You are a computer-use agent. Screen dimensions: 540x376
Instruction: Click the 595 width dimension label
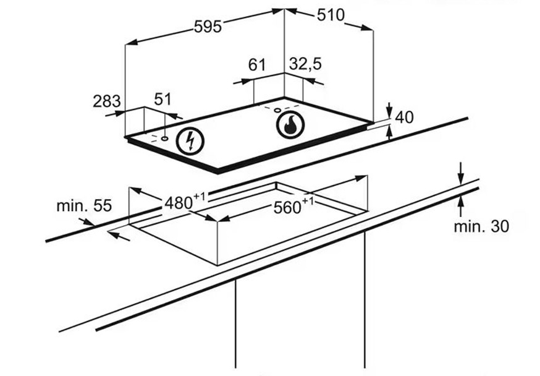[x=208, y=27]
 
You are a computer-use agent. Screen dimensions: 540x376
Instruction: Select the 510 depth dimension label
[x=331, y=15]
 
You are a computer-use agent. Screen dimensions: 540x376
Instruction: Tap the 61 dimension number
[x=257, y=64]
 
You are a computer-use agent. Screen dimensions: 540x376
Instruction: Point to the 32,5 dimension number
[x=305, y=64]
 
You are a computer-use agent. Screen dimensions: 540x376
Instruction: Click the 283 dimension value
[x=107, y=101]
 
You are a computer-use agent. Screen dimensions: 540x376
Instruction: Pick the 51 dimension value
[x=162, y=99]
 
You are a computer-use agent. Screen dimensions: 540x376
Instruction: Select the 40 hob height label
[x=404, y=117]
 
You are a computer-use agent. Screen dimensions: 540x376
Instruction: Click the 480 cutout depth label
[x=179, y=203]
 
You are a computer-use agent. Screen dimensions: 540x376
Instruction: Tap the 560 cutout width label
[x=287, y=207]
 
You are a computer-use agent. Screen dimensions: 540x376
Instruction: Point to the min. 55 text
[x=84, y=206]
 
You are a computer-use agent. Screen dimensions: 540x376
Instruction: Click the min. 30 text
[x=481, y=226]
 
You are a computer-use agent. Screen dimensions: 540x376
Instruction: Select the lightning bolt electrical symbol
[x=190, y=141]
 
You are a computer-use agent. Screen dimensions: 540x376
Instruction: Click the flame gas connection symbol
[x=290, y=124]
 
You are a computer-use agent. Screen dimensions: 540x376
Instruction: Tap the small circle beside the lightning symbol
[x=165, y=139]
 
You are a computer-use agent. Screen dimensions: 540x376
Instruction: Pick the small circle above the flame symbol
[x=277, y=110]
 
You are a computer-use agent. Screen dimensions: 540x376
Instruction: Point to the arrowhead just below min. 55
[x=88, y=222]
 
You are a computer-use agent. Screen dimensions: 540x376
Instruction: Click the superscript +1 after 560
[x=308, y=201]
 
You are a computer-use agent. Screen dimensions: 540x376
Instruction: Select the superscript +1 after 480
[x=199, y=197]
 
